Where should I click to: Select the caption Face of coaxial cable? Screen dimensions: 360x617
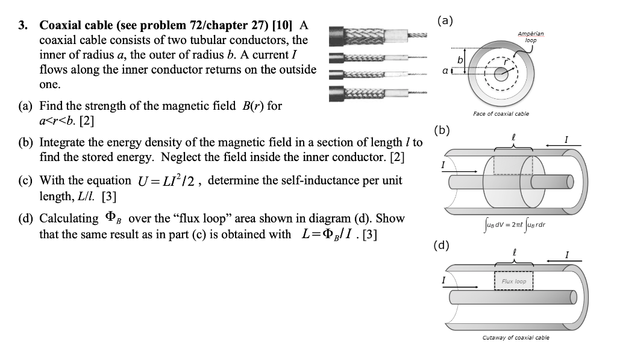tap(501, 114)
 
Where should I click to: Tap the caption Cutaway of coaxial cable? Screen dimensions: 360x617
tap(516, 338)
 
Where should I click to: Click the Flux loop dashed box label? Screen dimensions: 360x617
tap(513, 282)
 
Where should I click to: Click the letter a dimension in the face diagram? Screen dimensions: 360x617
tap(445, 71)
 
